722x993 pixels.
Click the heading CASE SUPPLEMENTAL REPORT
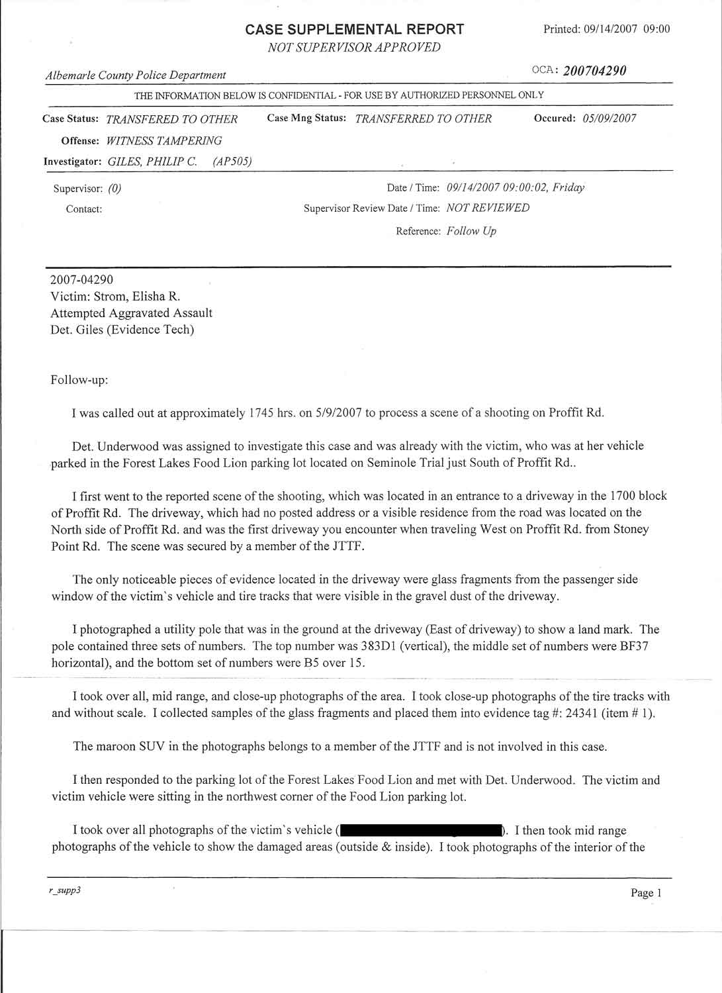(354, 29)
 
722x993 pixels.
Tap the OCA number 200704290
(594, 71)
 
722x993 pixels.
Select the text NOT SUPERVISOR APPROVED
(354, 47)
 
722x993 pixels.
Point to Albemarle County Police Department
(136, 75)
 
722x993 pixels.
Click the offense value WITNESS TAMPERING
(164, 140)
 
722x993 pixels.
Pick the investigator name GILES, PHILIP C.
(152, 162)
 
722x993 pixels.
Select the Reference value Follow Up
(471, 231)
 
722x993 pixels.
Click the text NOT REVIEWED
(488, 208)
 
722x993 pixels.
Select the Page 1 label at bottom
(646, 893)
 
